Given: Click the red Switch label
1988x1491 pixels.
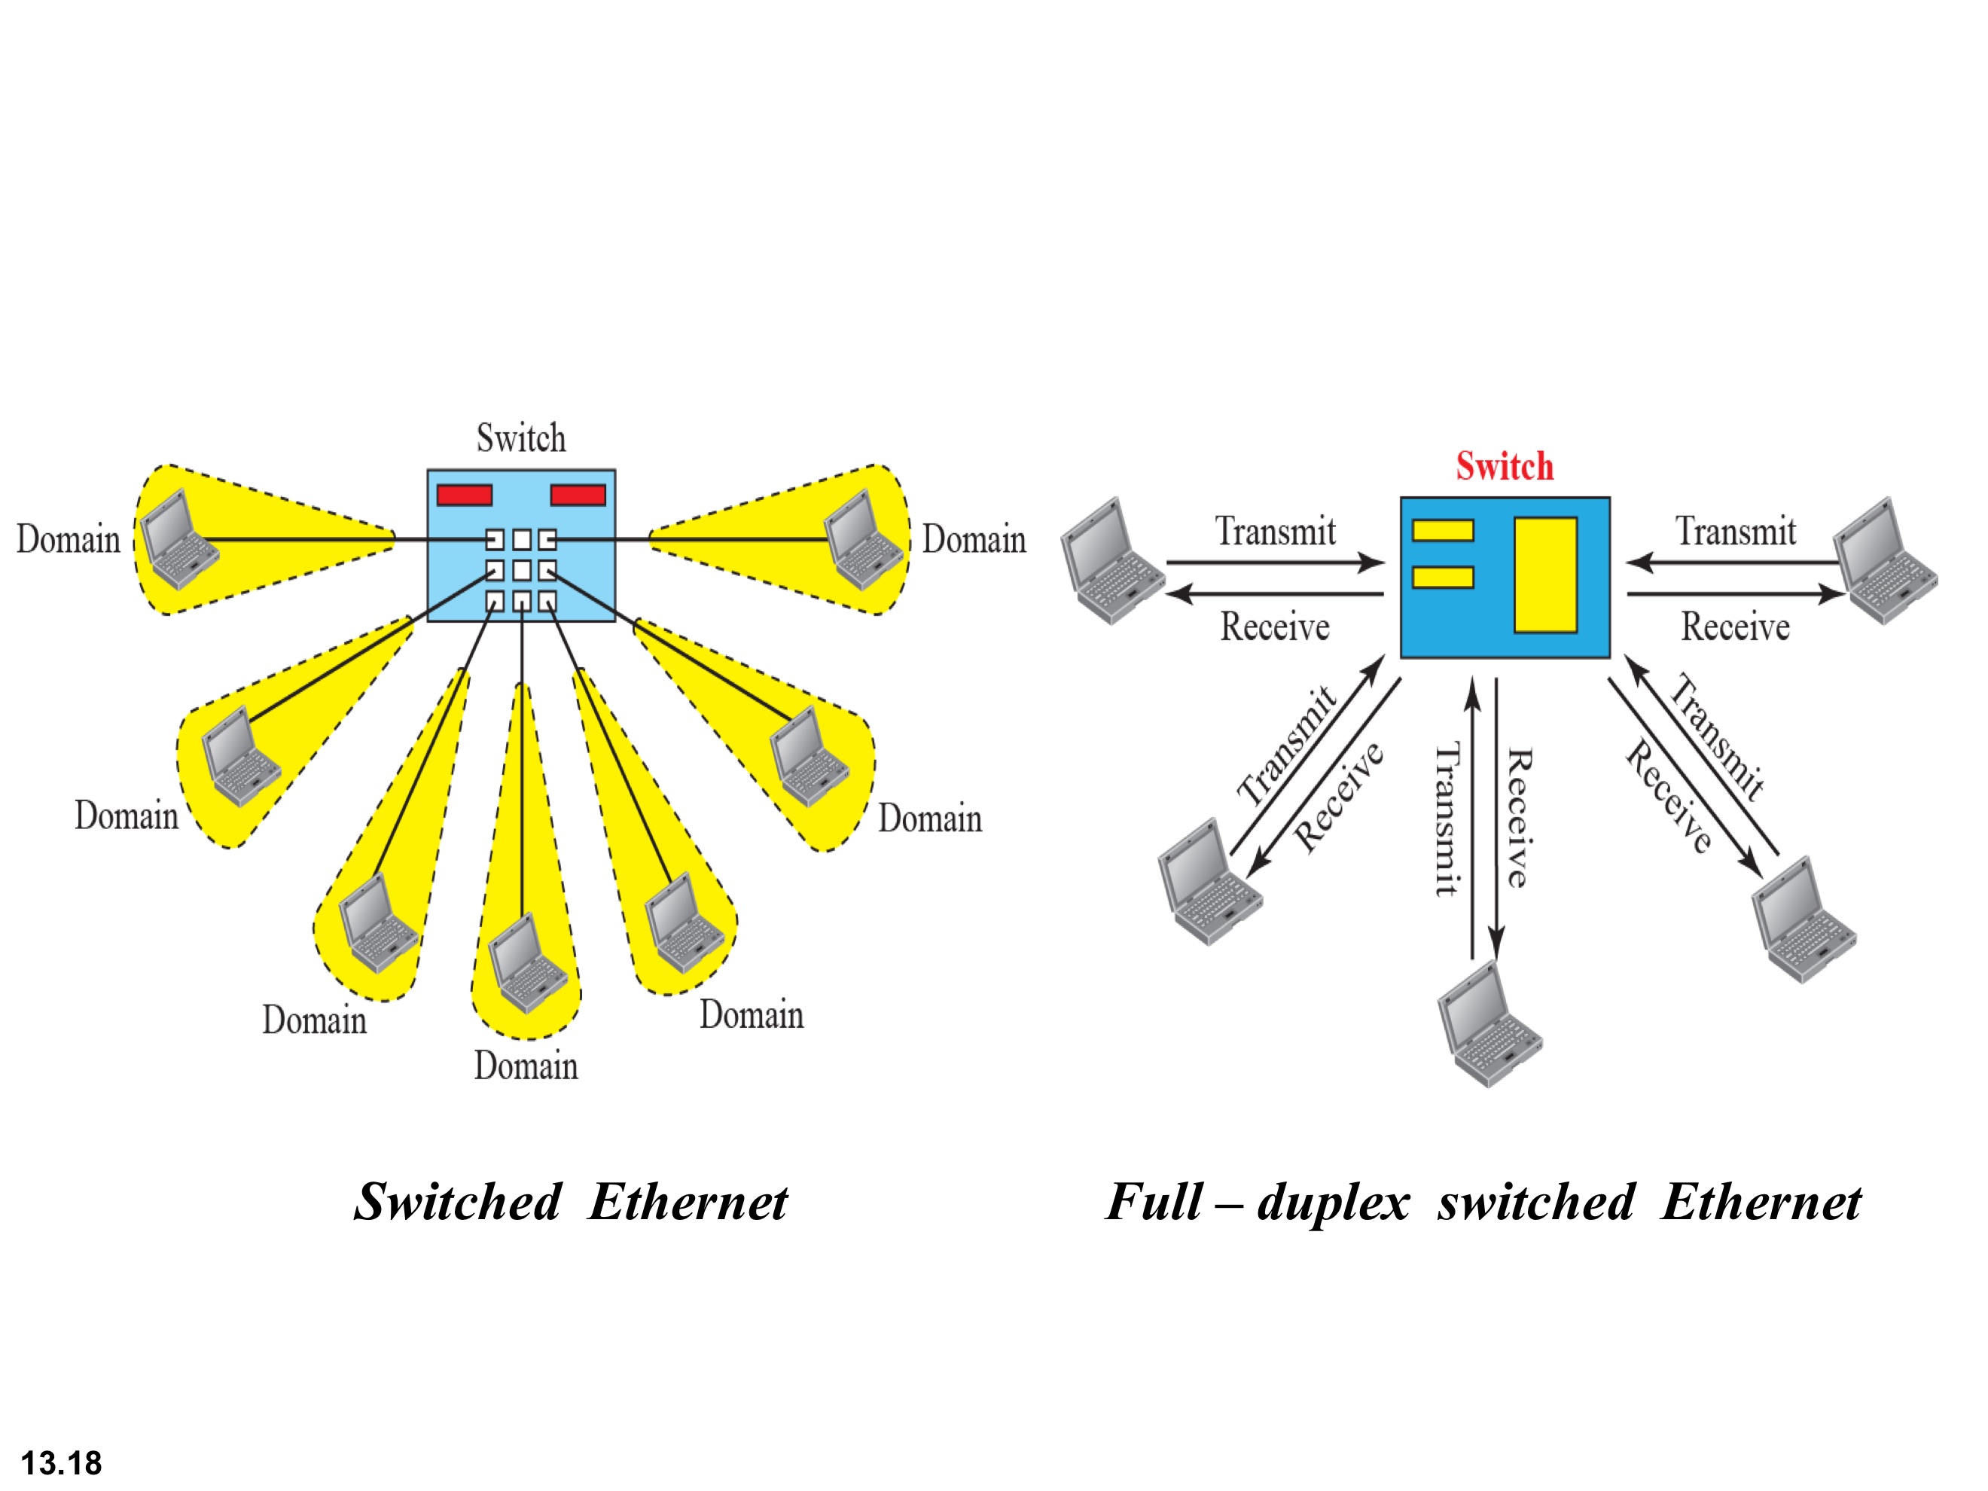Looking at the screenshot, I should pyautogui.click(x=1505, y=466).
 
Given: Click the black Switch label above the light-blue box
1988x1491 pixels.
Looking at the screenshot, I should pyautogui.click(x=521, y=438).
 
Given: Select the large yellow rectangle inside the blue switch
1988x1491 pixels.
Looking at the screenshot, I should pyautogui.click(x=1546, y=575).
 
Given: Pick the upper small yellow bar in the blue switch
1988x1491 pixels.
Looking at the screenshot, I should pyautogui.click(x=1443, y=530).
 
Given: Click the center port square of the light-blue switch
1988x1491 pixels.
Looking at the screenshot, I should pyautogui.click(x=521, y=570).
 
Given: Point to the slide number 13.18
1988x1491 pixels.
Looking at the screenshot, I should pyautogui.click(x=61, y=1463).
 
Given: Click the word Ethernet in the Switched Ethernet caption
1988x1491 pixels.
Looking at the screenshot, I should pyautogui.click(x=688, y=1202).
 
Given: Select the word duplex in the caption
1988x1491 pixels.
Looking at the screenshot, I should pyautogui.click(x=1334, y=1202).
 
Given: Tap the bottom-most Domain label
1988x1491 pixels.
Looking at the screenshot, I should pyautogui.click(x=526, y=1066).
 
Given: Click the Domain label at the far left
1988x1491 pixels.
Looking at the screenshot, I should pyautogui.click(x=69, y=539).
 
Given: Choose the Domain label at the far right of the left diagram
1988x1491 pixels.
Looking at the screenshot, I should pyautogui.click(x=974, y=539).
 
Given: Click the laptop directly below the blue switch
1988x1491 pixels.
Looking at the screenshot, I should pyautogui.click(x=1489, y=1025).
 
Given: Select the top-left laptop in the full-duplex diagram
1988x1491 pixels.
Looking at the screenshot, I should pyautogui.click(x=1111, y=562).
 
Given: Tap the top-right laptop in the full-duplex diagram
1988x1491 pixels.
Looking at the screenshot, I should pyautogui.click(x=1886, y=562).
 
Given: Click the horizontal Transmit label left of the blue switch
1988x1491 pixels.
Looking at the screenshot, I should pyautogui.click(x=1276, y=532).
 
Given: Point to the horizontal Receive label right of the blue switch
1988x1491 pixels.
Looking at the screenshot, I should pyautogui.click(x=1736, y=627).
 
